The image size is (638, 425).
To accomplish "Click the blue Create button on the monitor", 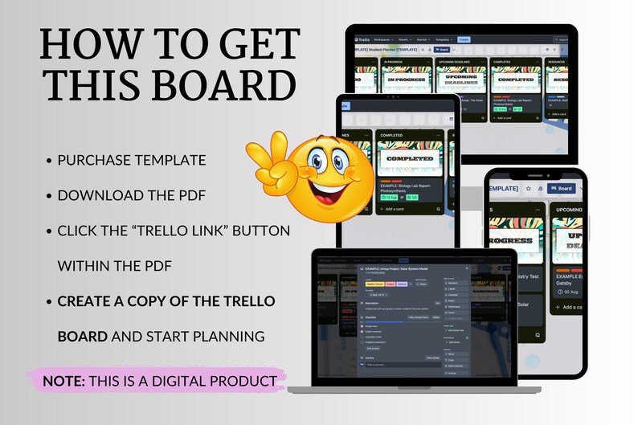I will pyautogui.click(x=464, y=39).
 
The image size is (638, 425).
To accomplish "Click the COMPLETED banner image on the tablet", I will pyautogui.click(x=410, y=159).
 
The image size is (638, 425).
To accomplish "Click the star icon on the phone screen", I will pyautogui.click(x=528, y=189).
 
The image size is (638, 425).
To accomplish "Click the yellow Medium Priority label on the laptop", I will pyautogui.click(x=374, y=284).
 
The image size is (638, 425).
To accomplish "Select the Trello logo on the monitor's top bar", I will pyautogui.click(x=362, y=39).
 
